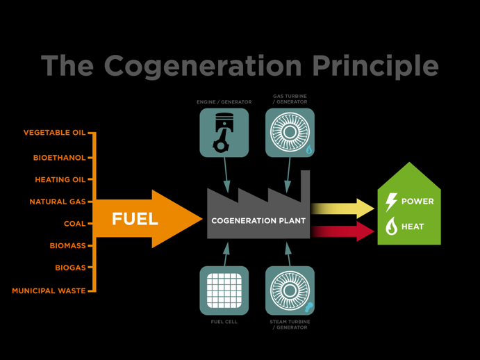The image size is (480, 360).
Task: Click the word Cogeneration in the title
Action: tap(203, 65)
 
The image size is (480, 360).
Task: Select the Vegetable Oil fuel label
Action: tap(54, 133)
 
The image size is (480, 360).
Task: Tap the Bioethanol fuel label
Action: tap(59, 158)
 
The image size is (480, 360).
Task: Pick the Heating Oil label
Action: tap(60, 180)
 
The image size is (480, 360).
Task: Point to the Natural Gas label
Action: tap(58, 202)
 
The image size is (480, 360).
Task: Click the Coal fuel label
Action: tap(74, 224)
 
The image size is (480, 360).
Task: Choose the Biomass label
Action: tap(67, 246)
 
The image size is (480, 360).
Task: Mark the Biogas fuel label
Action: tap(70, 268)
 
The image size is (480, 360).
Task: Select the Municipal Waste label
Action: tap(49, 291)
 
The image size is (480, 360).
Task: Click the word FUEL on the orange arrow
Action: tap(135, 220)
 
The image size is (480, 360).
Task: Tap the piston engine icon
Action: tap(224, 132)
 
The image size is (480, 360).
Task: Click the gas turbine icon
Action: tap(290, 132)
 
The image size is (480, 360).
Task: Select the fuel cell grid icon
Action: tap(224, 290)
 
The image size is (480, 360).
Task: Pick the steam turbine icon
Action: tap(290, 290)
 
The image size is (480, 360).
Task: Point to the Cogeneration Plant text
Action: tap(258, 221)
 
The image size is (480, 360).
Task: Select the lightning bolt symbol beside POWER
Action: tap(392, 202)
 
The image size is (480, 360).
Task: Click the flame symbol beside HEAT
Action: tap(392, 226)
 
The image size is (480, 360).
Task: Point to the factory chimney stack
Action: tap(305, 184)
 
